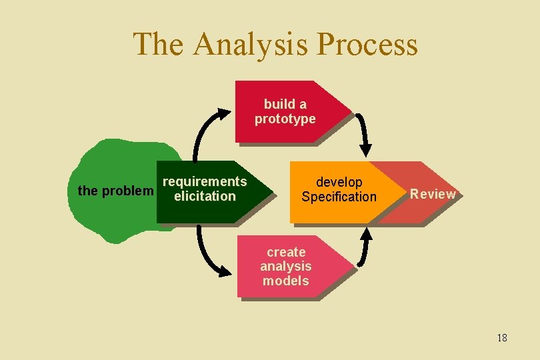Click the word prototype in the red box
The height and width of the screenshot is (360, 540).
[285, 119]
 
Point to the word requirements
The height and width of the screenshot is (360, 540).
[205, 182]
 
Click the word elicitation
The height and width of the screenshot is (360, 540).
[205, 197]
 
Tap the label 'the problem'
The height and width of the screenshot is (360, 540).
[115, 191]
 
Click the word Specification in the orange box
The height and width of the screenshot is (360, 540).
[339, 197]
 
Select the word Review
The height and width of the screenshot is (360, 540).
[433, 194]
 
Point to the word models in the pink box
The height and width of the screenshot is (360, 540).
[285, 281]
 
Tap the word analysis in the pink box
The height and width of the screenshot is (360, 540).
[285, 267]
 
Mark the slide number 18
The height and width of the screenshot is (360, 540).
[502, 338]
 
